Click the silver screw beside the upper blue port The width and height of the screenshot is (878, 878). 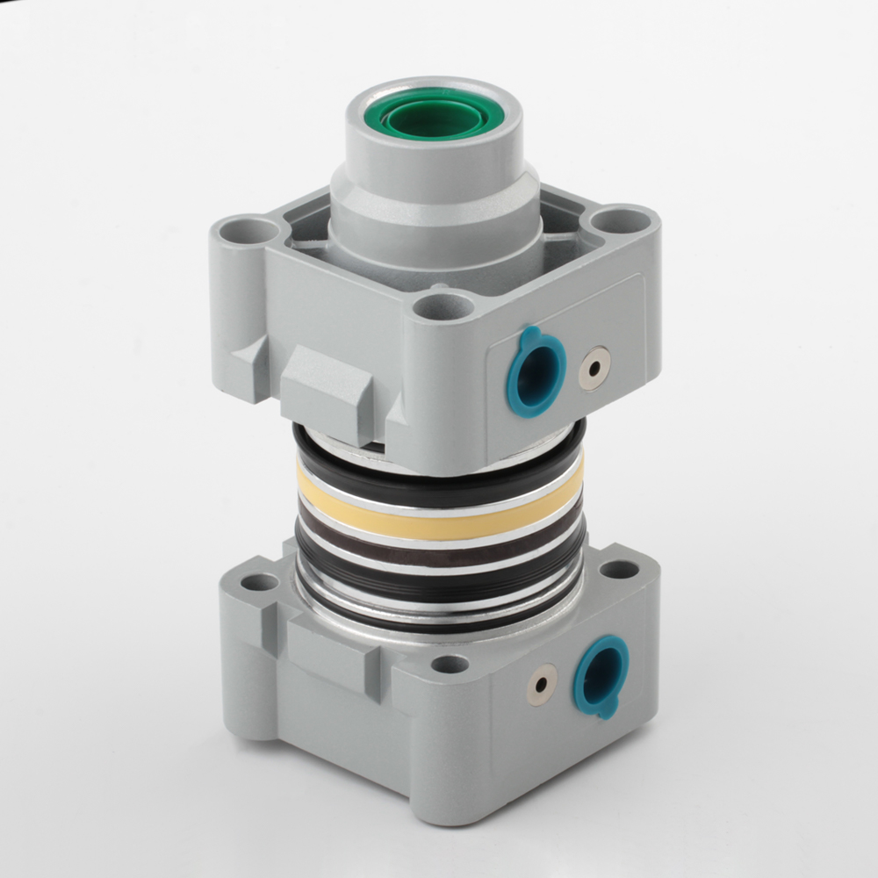click(594, 367)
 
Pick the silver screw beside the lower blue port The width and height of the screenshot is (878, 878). click(542, 685)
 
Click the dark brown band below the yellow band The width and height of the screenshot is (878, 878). click(439, 553)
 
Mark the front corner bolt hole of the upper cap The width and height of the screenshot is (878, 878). click(443, 306)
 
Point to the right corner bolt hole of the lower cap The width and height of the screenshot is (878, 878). click(620, 569)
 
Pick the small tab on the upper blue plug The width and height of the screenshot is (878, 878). click(529, 336)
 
